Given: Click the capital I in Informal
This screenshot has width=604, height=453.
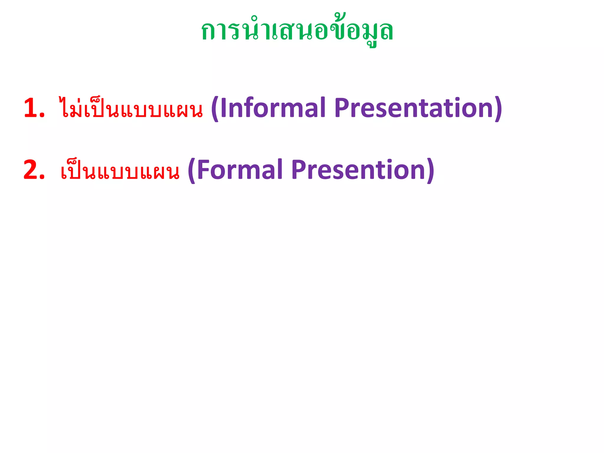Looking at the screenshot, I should [223, 108].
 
